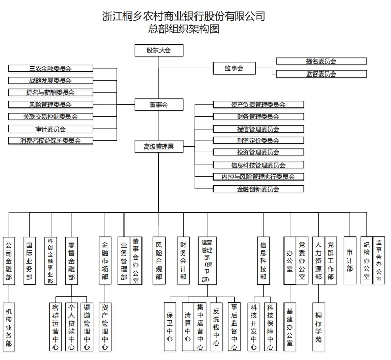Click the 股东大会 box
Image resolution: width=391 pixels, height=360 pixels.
(158, 50)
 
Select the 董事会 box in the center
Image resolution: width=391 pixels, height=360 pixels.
(158, 105)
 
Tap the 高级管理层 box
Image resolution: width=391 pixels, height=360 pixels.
(158, 147)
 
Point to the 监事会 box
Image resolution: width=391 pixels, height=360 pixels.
(234, 68)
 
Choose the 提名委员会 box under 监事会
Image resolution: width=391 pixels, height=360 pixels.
(321, 61)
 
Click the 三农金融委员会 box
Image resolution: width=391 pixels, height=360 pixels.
(50, 68)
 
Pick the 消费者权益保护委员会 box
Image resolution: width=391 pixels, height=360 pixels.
(50, 140)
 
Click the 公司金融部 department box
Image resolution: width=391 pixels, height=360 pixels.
(9, 261)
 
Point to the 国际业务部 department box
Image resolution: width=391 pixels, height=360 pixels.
(30, 261)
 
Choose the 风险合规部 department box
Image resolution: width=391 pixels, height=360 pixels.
(158, 261)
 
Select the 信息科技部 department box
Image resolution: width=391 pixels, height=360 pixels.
(263, 261)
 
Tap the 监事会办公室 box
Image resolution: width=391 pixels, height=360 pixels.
(379, 261)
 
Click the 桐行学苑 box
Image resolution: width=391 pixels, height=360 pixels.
(318, 326)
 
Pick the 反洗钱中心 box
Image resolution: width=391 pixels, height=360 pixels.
(216, 326)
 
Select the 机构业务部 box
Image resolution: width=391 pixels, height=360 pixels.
(9, 326)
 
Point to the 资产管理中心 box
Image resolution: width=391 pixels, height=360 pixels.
(105, 326)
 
